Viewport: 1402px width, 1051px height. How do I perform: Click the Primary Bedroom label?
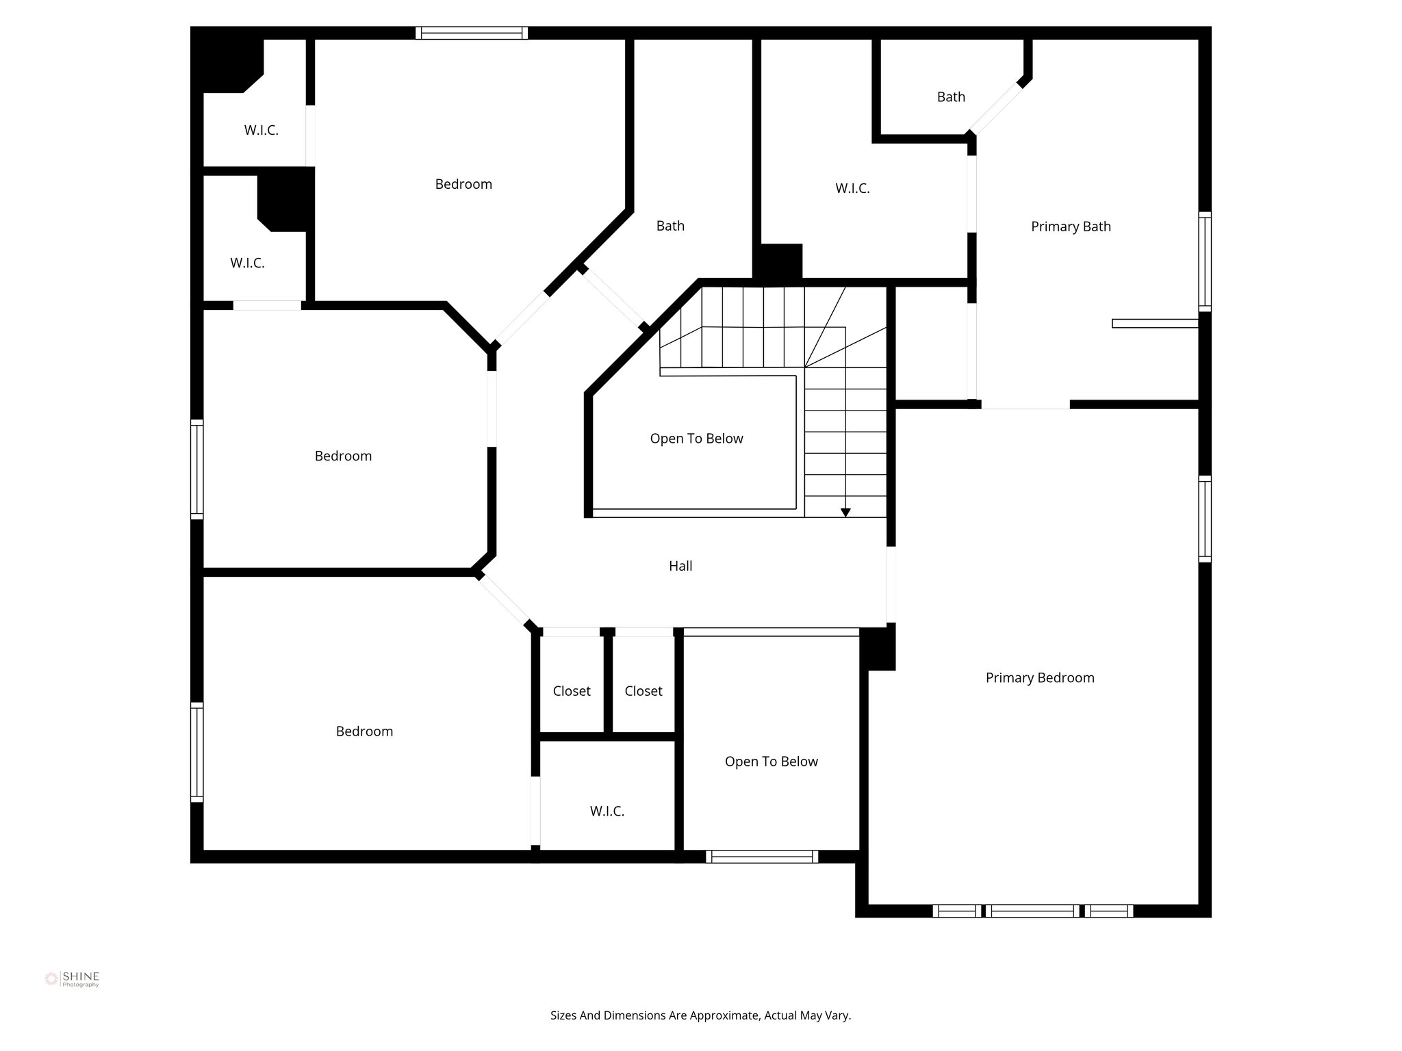[x=1039, y=677]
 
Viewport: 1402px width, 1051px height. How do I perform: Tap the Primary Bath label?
[x=1071, y=226]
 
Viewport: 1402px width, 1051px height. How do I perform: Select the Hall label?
[x=680, y=566]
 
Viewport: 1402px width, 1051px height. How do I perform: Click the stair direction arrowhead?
[x=845, y=512]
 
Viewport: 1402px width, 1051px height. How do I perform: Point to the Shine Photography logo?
[x=72, y=979]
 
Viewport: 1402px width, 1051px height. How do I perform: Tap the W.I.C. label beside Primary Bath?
[x=852, y=188]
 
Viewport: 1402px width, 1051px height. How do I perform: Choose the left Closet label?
[x=572, y=691]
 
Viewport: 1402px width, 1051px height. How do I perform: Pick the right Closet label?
[x=643, y=691]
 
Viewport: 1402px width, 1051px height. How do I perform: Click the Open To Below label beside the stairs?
[x=696, y=439]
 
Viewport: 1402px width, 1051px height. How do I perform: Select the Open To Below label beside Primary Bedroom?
[x=771, y=762]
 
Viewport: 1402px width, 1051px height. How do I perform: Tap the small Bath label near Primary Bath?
[x=951, y=97]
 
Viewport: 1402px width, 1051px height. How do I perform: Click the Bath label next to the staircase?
[x=670, y=226]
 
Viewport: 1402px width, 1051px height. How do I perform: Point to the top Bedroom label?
[x=463, y=184]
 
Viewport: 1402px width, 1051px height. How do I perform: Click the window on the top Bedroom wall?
[x=472, y=33]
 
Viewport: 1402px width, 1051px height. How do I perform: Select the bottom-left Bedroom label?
[x=364, y=731]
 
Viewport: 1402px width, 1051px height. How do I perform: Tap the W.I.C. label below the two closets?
[x=607, y=812]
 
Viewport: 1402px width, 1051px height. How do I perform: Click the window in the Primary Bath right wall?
[x=1205, y=261]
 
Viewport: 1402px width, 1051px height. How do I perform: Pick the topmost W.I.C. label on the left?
[x=262, y=130]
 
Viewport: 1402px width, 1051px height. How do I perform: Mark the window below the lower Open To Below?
[x=762, y=856]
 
